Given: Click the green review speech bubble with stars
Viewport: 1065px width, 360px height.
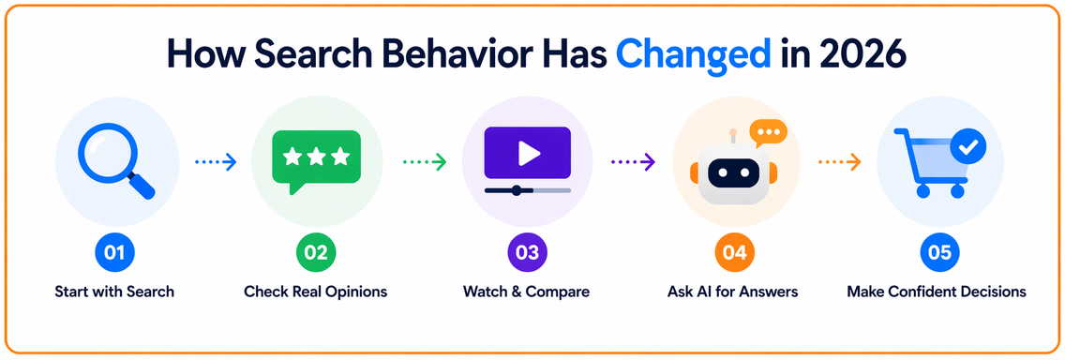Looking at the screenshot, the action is [x=316, y=161].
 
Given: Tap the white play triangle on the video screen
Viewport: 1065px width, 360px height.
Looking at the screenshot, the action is [x=528, y=154].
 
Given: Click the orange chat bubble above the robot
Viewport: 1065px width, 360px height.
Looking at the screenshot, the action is [x=768, y=132].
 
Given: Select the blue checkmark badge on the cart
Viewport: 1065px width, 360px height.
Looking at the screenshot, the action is [x=969, y=146].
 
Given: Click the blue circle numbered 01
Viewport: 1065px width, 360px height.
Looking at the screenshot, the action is [x=114, y=253].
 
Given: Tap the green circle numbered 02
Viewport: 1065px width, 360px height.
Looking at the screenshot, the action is [x=316, y=253].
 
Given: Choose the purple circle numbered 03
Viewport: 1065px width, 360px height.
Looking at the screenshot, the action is [x=527, y=253].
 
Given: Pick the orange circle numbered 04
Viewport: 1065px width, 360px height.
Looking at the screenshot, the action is [x=734, y=253].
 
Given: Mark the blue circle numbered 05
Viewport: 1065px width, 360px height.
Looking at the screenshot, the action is [x=940, y=253].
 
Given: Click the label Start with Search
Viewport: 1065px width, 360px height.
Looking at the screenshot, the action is [x=114, y=292].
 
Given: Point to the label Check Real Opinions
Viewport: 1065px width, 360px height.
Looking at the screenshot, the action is [x=316, y=292].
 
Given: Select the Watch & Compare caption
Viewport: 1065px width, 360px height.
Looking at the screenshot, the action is [x=526, y=292].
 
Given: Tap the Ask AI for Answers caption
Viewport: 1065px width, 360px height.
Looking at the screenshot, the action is [x=733, y=292].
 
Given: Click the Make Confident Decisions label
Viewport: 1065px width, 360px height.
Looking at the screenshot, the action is [x=937, y=292].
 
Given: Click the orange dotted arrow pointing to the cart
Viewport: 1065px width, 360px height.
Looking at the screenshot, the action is [x=840, y=161].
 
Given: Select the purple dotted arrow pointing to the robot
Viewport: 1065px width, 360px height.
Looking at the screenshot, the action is [x=633, y=161].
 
